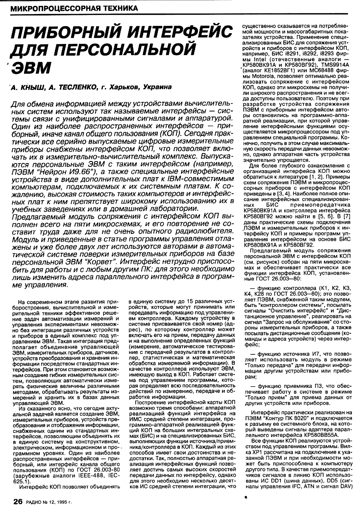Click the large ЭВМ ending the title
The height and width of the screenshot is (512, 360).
(31, 66)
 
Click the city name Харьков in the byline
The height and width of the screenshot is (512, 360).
(123, 87)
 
